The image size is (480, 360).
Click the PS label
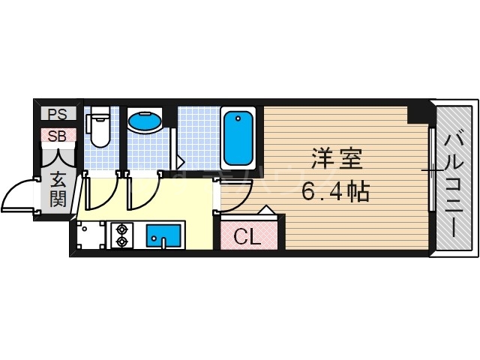click(x=57, y=115)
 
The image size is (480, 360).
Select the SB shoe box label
click(x=57, y=136)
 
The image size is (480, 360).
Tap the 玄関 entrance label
click(x=58, y=189)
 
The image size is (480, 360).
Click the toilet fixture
click(x=97, y=131)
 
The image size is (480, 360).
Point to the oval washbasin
click(x=145, y=120)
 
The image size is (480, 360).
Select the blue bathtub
click(x=238, y=139)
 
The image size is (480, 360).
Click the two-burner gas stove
click(x=121, y=234)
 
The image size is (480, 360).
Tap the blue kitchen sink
click(x=163, y=234)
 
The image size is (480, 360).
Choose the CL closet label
click(x=247, y=237)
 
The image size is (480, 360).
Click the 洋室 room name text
click(x=337, y=160)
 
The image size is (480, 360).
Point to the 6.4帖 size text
click(x=335, y=192)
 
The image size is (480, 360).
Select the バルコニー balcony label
click(x=454, y=181)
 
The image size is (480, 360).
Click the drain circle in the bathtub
click(x=238, y=118)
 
